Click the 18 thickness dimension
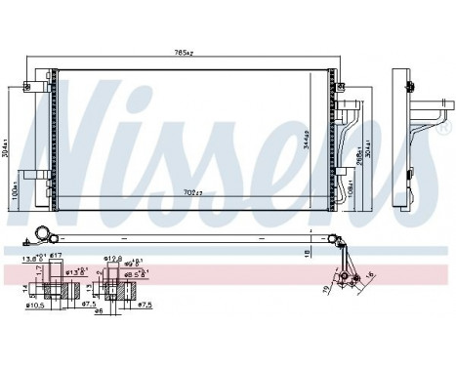click(x=309, y=252)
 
